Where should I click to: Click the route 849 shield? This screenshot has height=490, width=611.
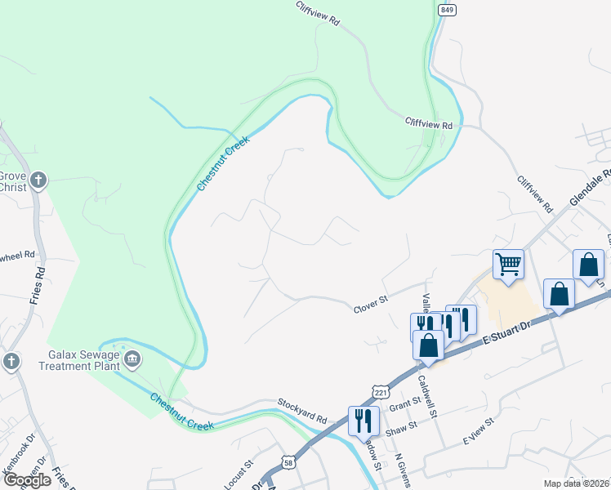pos(447,9)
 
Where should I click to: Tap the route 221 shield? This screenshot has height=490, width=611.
pos(379,393)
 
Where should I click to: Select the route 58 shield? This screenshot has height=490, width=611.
pos(288,462)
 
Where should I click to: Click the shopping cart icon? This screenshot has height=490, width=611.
pos(508,264)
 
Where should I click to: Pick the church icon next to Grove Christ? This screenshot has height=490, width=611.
pos(38,180)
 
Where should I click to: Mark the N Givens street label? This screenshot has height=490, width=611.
pos(400,469)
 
